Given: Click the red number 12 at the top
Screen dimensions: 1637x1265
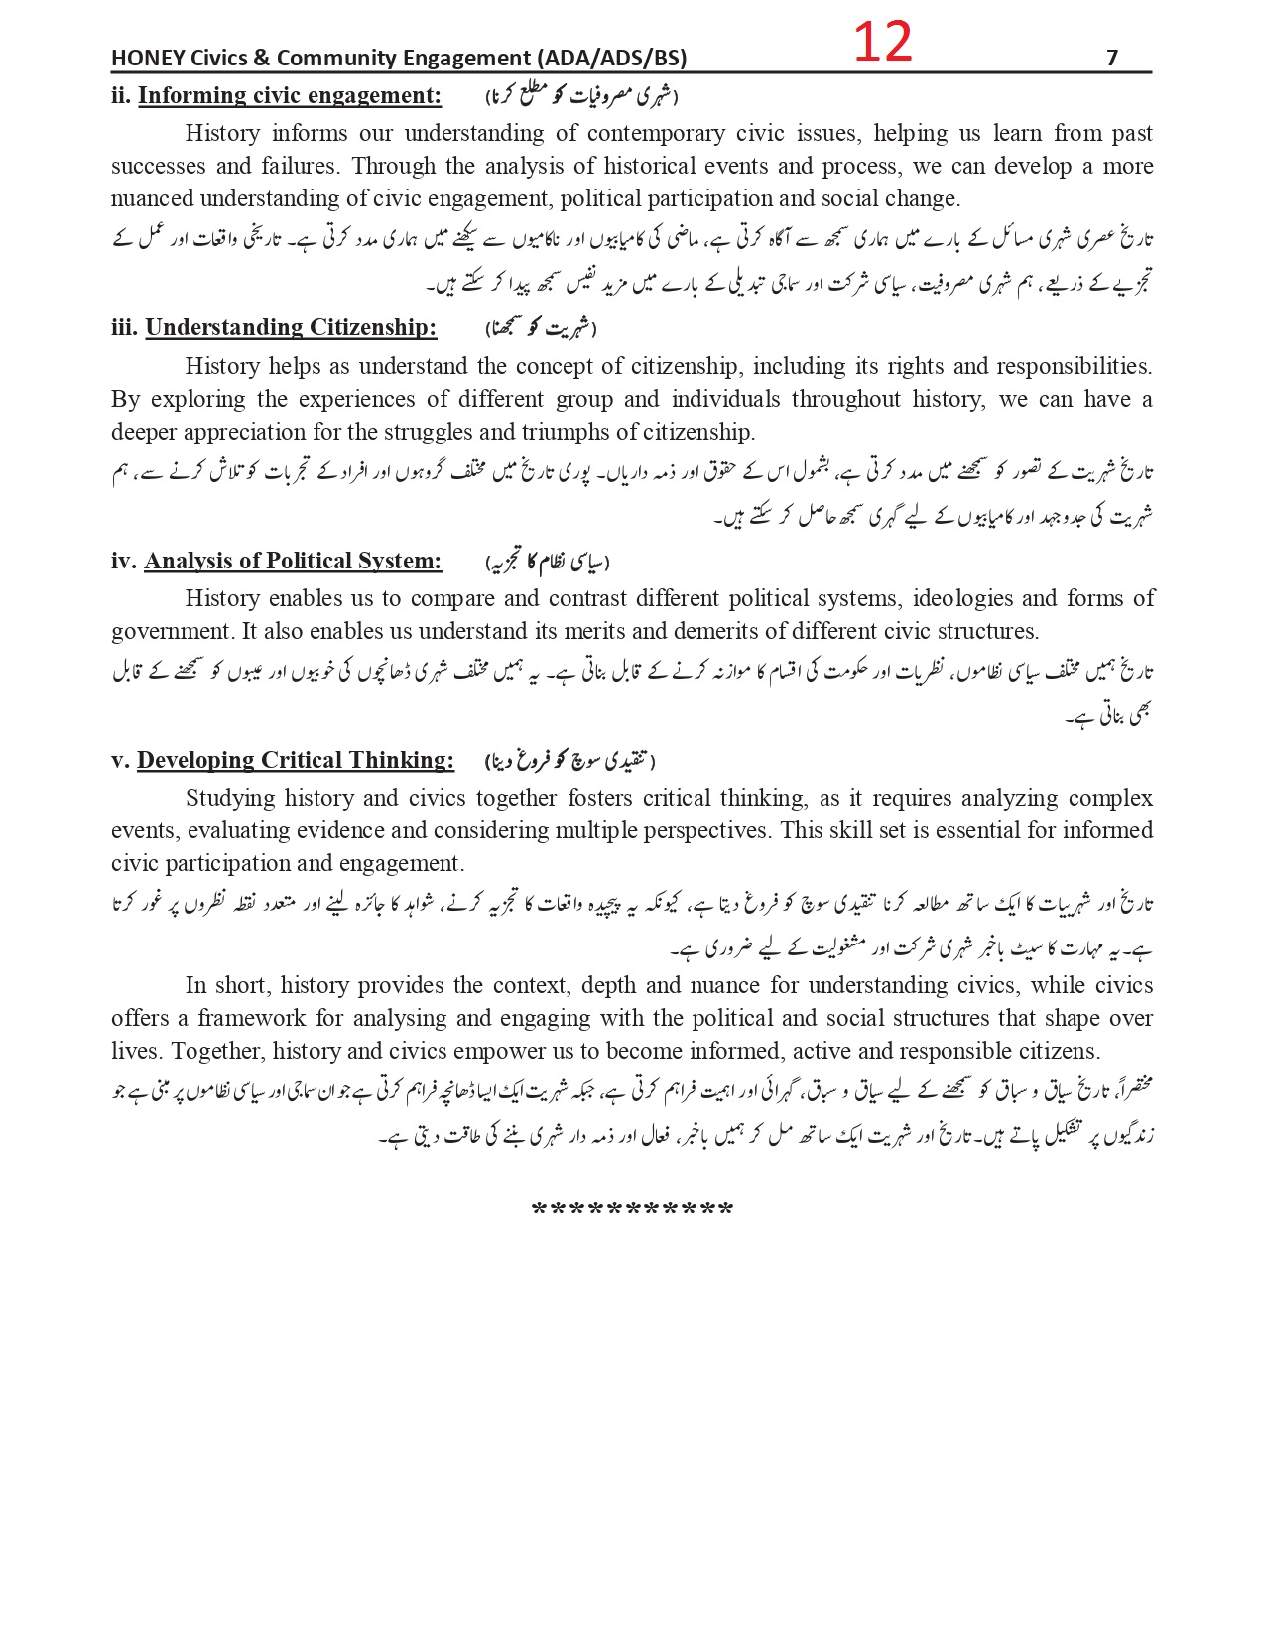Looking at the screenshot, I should pyautogui.click(x=882, y=43).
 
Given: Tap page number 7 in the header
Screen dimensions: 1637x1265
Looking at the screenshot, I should pyautogui.click(x=1112, y=59).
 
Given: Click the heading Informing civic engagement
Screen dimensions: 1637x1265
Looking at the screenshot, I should pyautogui.click(x=290, y=96).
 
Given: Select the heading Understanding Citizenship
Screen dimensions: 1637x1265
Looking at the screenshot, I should pyautogui.click(x=291, y=328).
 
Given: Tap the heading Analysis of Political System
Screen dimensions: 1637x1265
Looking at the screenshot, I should pyautogui.click(x=293, y=562).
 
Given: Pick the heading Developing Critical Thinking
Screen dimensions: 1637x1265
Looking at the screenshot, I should pyautogui.click(x=296, y=761).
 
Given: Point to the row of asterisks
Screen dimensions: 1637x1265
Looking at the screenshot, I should pyautogui.click(x=632, y=1211).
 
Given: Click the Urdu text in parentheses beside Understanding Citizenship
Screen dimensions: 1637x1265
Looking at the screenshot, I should pyautogui.click(x=541, y=328).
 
